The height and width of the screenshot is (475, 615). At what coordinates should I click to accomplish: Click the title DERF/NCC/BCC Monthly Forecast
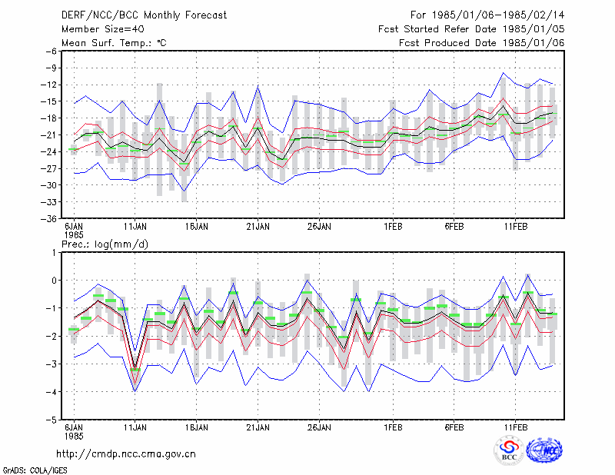point(144,15)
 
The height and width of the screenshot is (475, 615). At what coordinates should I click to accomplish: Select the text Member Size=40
point(103,29)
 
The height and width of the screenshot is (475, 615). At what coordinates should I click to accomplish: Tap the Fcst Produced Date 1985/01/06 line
point(481,43)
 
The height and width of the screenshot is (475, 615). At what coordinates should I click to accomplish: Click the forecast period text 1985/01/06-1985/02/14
point(498,15)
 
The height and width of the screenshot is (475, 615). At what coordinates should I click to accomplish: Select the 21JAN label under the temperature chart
point(258,227)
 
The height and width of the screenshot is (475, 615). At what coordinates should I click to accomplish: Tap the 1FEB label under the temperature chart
point(393,227)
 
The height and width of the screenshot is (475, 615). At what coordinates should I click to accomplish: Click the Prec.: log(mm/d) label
point(105,244)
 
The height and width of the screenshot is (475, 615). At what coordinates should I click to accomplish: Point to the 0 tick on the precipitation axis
point(54,281)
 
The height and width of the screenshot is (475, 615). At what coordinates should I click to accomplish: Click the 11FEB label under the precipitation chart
point(515,427)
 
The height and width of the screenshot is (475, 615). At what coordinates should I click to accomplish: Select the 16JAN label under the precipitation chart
point(197,427)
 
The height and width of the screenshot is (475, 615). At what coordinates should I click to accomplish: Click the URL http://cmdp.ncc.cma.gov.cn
point(126,454)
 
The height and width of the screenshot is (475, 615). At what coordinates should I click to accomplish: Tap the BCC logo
point(509,450)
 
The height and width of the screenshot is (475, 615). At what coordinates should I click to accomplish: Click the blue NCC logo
point(544,450)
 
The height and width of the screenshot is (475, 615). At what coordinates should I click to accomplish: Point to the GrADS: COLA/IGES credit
point(35,470)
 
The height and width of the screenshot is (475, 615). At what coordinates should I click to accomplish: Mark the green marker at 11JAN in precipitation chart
point(135,370)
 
